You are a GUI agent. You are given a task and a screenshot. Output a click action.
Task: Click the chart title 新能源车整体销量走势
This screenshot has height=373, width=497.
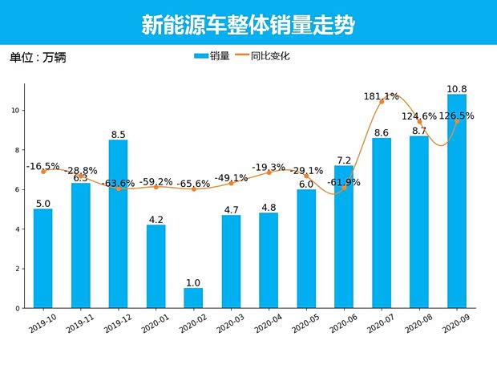(x=248, y=25)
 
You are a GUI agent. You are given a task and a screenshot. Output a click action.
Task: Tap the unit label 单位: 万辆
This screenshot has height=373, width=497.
(x=37, y=58)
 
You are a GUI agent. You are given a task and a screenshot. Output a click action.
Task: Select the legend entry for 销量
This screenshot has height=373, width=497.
(x=212, y=56)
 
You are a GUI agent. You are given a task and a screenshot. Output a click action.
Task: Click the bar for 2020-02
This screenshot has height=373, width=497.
(x=193, y=298)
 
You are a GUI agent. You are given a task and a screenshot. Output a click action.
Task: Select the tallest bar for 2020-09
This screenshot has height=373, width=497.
(x=456, y=201)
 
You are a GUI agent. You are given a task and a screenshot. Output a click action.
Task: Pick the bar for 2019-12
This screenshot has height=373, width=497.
(x=118, y=224)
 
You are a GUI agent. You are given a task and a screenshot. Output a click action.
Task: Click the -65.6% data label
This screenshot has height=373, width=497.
(x=193, y=184)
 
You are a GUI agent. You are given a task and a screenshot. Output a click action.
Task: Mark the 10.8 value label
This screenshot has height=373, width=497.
(x=456, y=88)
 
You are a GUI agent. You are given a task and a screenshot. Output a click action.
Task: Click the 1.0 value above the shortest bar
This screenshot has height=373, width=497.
(x=193, y=282)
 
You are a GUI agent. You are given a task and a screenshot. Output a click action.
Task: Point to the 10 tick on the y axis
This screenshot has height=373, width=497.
(x=17, y=111)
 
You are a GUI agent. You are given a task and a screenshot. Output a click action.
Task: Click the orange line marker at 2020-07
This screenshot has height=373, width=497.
(x=382, y=102)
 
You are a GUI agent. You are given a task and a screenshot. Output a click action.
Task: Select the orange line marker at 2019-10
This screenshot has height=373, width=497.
(x=43, y=172)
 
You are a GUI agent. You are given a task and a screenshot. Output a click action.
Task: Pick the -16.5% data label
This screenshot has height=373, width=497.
(x=43, y=166)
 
